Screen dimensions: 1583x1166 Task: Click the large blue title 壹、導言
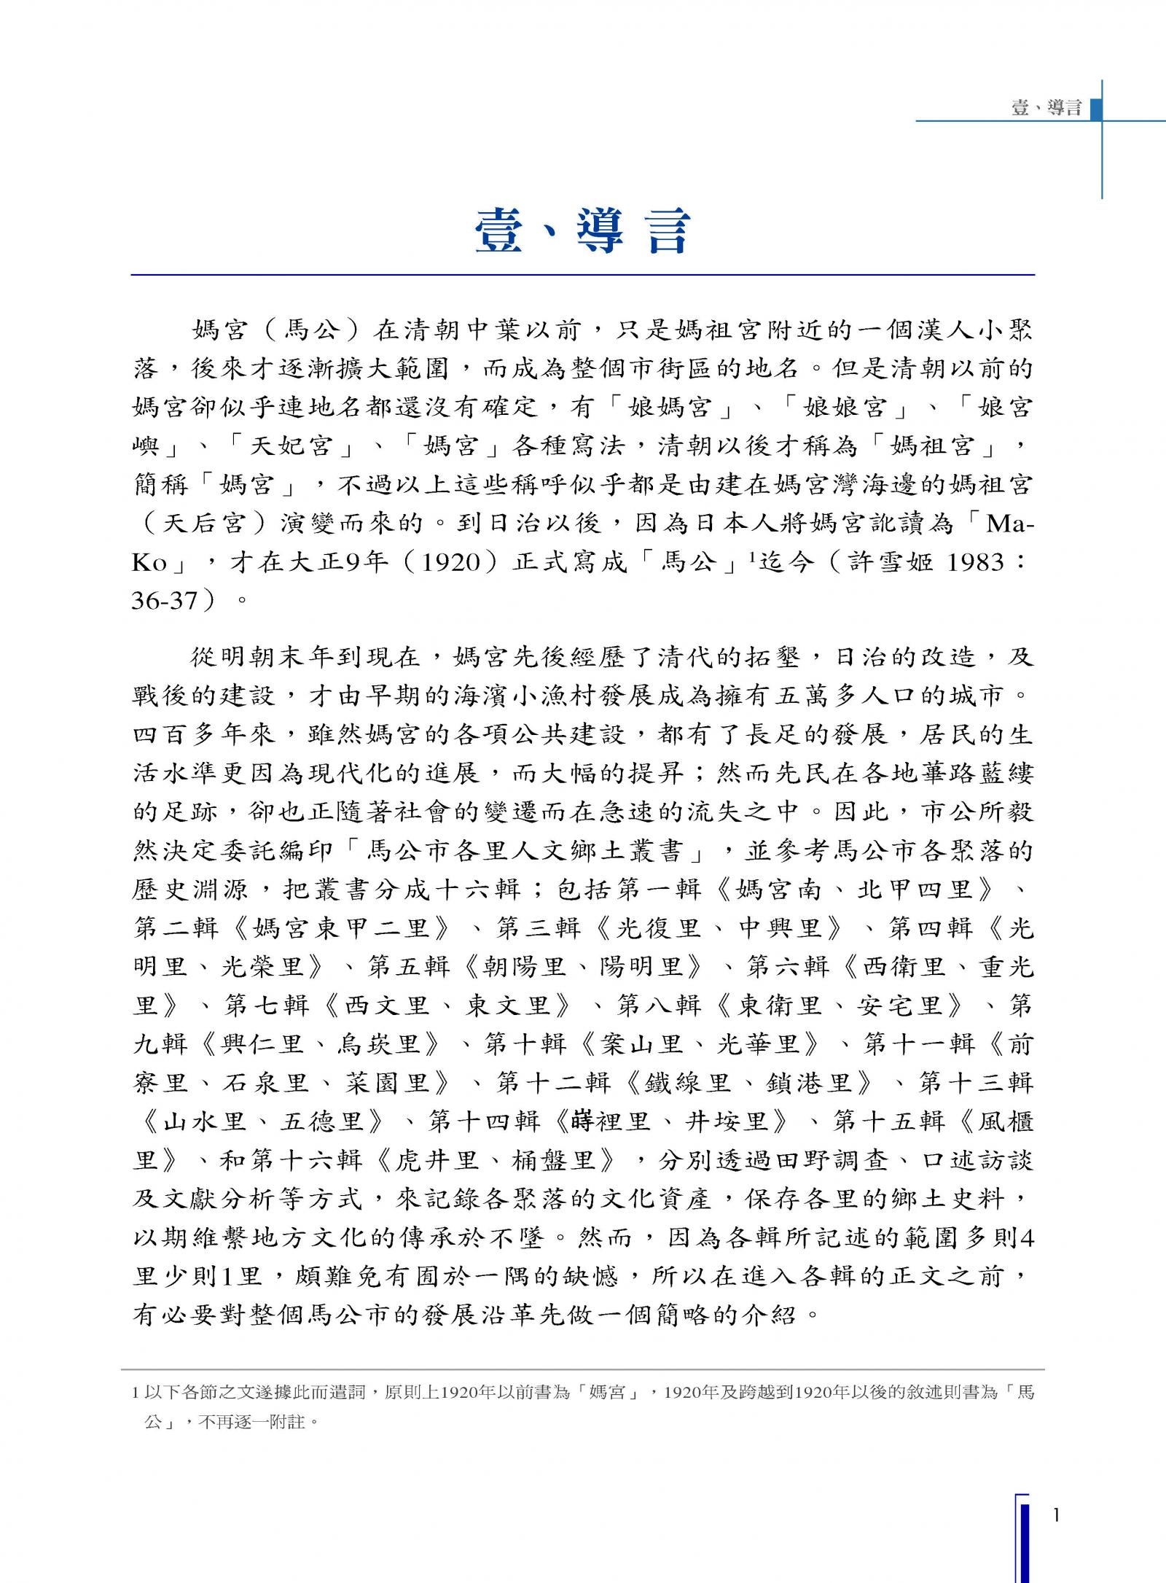(x=582, y=231)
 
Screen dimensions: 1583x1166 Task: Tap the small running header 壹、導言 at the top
(x=1046, y=109)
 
